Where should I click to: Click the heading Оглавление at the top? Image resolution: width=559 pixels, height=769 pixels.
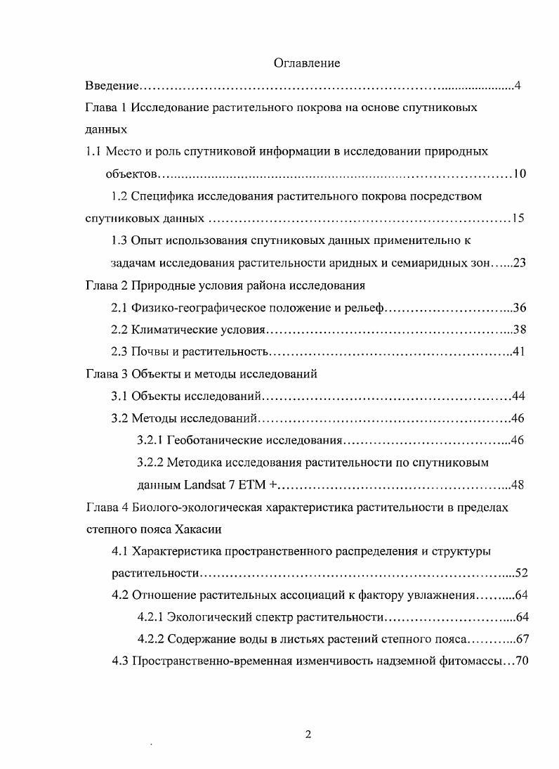tap(306, 63)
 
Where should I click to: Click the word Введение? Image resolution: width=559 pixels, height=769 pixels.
tap(111, 86)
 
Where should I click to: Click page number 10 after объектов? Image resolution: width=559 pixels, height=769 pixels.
tap(520, 174)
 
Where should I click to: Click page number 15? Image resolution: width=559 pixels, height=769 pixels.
tap(518, 219)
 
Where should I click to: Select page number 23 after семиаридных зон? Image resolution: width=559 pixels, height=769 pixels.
tap(520, 263)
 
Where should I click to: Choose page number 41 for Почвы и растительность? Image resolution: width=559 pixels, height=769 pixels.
tap(519, 351)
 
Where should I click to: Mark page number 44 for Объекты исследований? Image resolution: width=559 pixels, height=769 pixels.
tap(519, 396)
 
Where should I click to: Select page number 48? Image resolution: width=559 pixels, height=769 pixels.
tap(519, 485)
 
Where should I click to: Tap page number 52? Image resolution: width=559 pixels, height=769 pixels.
tap(521, 573)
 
